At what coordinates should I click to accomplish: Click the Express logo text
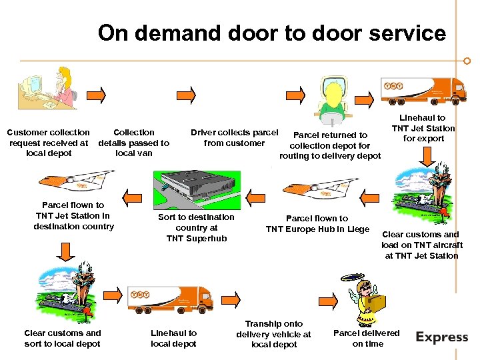coord(442,337)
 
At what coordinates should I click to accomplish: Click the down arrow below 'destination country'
coord(65,251)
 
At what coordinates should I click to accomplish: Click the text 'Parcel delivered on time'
coord(366,338)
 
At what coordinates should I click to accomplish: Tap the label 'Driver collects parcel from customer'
coord(234,137)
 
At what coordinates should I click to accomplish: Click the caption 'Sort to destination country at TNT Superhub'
coord(196,227)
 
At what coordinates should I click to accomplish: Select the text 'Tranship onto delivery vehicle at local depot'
coord(273,334)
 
